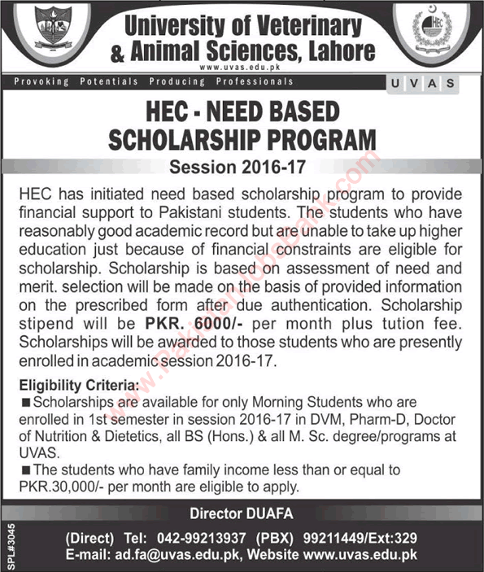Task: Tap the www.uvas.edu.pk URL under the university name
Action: tap(243, 68)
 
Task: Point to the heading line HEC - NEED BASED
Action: tap(244, 115)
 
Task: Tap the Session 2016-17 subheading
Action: tap(243, 168)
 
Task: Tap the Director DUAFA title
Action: tap(242, 514)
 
